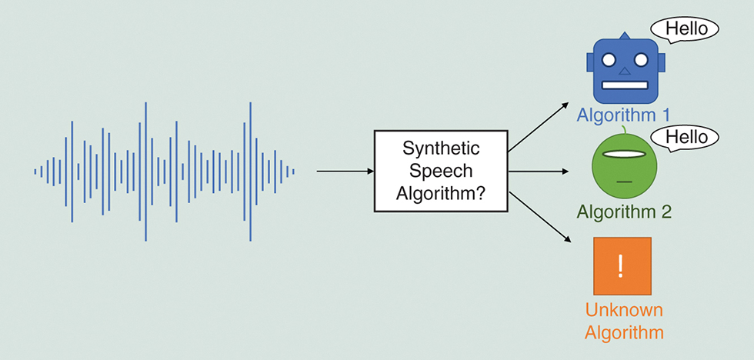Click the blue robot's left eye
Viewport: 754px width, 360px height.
609,59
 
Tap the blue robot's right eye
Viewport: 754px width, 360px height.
640,59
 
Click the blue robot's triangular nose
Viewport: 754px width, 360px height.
625,72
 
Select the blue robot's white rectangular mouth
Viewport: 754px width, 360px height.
625,85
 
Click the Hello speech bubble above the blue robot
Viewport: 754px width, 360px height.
685,29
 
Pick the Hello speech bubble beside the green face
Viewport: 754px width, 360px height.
685,138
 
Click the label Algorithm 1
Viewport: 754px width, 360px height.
624,115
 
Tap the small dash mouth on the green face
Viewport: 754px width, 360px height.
624,181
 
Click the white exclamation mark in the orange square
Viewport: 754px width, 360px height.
622,265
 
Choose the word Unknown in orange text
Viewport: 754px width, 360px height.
624,311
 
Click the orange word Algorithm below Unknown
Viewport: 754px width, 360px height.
624,333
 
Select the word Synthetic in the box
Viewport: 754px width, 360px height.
441,148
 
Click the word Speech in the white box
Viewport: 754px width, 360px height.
441,171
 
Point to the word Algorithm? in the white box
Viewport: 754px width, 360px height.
441,194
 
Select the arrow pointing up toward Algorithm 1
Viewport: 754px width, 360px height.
539,125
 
